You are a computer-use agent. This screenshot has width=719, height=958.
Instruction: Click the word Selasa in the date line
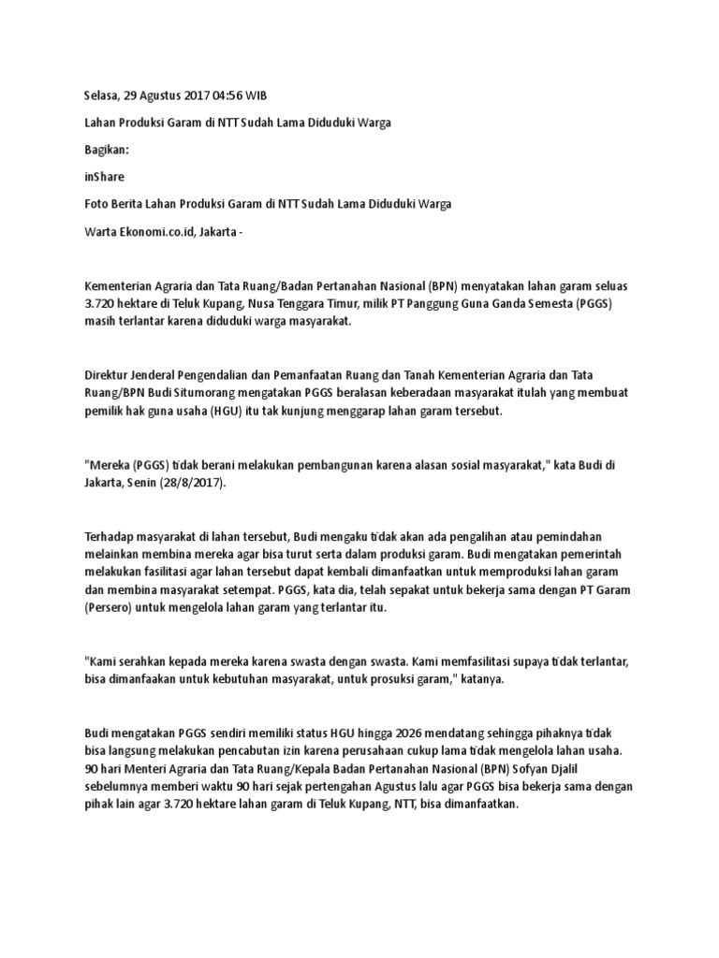point(101,95)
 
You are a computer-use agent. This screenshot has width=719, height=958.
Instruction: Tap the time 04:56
point(236,95)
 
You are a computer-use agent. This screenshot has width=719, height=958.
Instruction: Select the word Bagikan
point(108,149)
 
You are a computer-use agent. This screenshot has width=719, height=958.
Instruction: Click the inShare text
point(104,176)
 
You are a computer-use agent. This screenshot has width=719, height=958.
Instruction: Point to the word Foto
point(96,203)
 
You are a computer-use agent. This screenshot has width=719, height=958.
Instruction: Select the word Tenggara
point(337,303)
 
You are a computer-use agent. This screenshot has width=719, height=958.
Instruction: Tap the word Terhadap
point(111,537)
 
